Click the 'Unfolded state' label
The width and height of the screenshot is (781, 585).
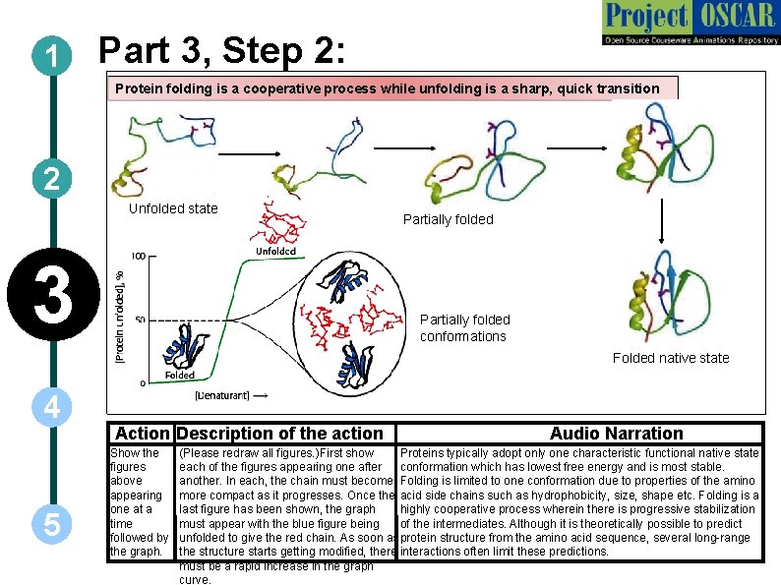[x=173, y=208]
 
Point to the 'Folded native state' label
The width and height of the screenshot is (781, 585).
[x=671, y=358]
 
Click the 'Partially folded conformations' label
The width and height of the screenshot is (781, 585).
[x=464, y=327]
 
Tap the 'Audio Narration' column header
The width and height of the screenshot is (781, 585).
[x=616, y=434]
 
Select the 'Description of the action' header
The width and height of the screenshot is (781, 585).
[x=280, y=434]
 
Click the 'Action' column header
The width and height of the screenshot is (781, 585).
[x=143, y=434]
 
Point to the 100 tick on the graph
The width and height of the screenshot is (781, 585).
[x=139, y=256]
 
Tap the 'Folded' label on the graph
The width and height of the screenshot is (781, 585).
[x=178, y=375]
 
